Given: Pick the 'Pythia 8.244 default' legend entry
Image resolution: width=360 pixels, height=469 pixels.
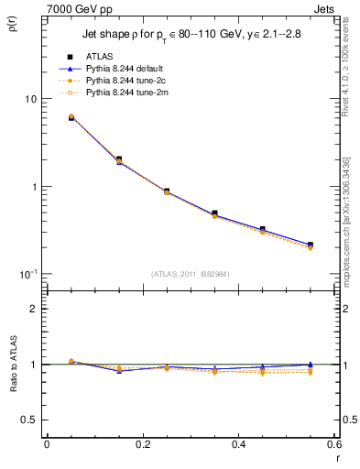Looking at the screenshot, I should (128, 69).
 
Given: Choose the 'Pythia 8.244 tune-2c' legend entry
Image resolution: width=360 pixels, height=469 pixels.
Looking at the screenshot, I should (128, 81).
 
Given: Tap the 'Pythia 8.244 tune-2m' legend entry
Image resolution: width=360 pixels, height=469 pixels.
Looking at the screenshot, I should (128, 93).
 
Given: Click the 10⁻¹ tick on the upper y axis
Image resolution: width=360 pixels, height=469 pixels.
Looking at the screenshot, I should (27, 273).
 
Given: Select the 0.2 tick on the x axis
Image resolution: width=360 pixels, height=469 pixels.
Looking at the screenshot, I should (142, 445).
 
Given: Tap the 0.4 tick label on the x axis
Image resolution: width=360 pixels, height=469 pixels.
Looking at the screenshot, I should (238, 445).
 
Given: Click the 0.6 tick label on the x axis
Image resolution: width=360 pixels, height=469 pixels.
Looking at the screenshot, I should (333, 445).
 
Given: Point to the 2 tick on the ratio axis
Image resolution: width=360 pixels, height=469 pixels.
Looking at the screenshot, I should (33, 310).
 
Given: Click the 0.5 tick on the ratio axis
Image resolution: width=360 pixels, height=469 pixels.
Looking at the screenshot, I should (29, 420).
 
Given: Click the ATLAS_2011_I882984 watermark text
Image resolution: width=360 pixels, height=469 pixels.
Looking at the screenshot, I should (190, 273).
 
